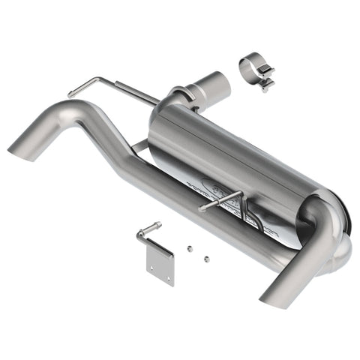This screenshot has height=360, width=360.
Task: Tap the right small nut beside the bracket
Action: tap(205, 258)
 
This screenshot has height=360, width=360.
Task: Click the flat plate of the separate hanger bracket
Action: tap(160, 263)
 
